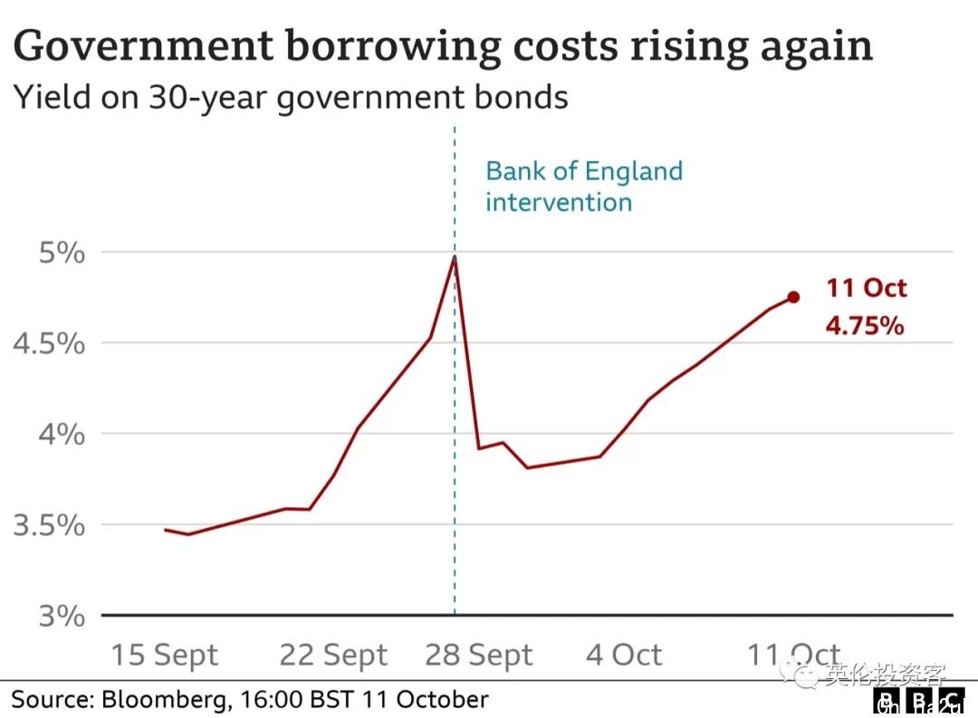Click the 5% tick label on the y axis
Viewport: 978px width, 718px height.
[61, 253]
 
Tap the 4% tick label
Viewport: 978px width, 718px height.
[61, 435]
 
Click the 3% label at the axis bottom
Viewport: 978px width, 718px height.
[61, 617]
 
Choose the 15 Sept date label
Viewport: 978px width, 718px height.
[164, 655]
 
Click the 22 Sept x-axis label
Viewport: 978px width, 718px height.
[332, 655]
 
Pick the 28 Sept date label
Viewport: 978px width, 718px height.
[479, 655]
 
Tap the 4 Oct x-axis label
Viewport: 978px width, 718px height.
[624, 655]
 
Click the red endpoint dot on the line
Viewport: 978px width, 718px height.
[793, 297]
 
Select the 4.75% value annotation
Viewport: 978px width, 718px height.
[864, 326]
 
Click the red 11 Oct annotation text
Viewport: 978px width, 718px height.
[866, 289]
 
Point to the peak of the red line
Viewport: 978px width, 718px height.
[454, 256]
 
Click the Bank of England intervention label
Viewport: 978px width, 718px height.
[584, 187]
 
